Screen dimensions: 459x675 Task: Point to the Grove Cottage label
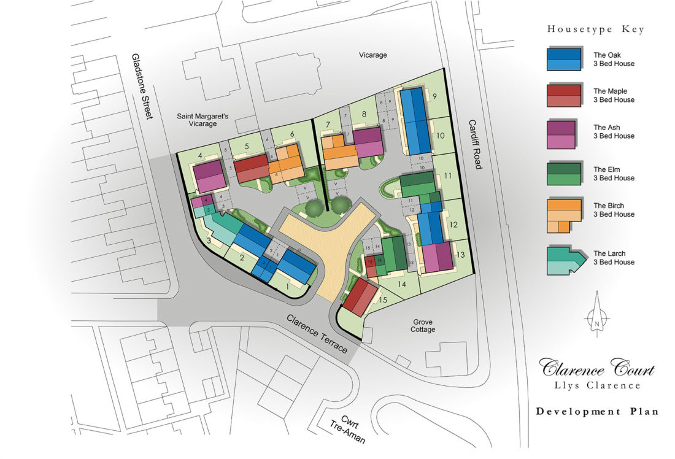coord(423,325)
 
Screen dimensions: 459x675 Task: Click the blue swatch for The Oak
coord(564,59)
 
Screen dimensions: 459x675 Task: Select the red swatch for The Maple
coord(564,95)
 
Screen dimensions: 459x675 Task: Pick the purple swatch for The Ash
coord(564,131)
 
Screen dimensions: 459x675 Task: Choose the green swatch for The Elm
coord(564,174)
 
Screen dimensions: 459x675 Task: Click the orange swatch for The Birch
coord(563,215)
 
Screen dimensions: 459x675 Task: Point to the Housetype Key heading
coord(595,29)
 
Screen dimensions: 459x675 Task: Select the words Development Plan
coord(596,411)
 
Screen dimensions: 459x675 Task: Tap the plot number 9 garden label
coord(434,96)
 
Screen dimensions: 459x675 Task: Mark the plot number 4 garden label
coord(201,155)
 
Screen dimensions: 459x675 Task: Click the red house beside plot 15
coord(360,297)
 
